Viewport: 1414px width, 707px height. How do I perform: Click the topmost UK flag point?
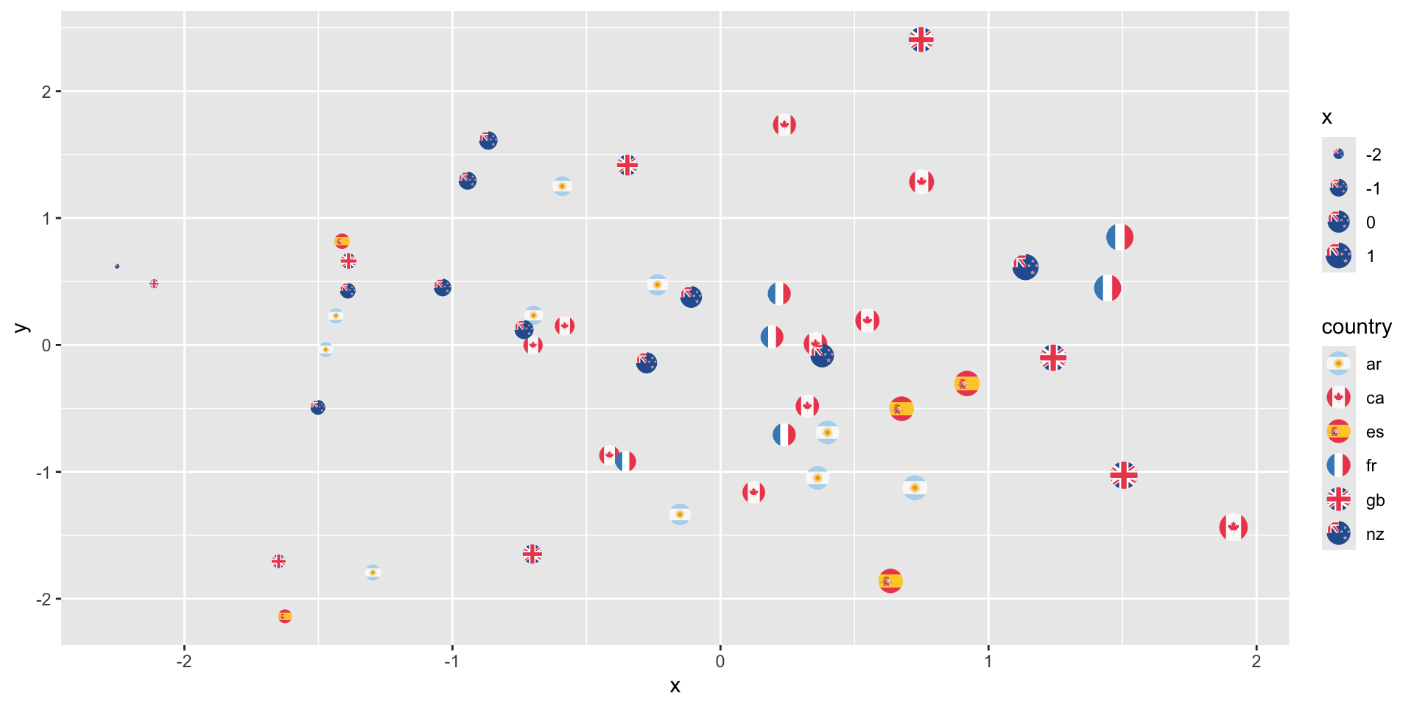(921, 40)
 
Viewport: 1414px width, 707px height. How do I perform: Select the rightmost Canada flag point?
(1233, 527)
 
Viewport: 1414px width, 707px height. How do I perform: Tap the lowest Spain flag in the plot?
(284, 616)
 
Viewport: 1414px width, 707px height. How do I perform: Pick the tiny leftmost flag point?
(117, 266)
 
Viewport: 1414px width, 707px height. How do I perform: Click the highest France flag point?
(1119, 237)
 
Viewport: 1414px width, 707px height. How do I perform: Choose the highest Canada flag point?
(784, 124)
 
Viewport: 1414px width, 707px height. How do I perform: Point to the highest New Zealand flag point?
(488, 140)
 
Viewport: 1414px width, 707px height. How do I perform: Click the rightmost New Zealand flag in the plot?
(1025, 267)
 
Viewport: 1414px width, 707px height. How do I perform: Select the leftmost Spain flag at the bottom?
(284, 616)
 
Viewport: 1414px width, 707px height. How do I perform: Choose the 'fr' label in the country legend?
(1371, 465)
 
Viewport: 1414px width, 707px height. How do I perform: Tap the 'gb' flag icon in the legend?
(1338, 499)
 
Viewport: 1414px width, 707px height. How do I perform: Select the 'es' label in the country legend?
(1374, 432)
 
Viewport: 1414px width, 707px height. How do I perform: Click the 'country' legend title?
(1356, 326)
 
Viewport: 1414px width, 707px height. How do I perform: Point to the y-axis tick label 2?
(46, 91)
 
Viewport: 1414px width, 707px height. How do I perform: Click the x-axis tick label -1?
(451, 661)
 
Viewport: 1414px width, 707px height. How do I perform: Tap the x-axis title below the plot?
(675, 686)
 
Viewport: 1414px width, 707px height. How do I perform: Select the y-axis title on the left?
(21, 328)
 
